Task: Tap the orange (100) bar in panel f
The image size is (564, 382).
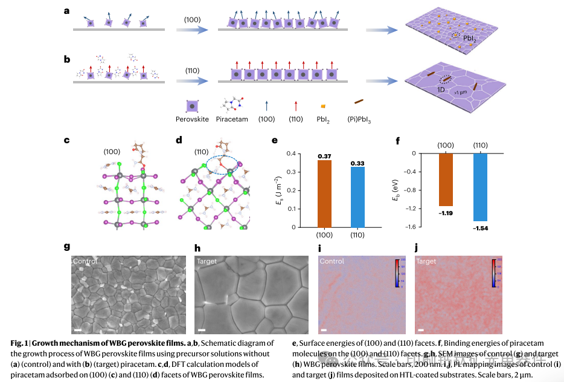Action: pyautogui.click(x=445, y=180)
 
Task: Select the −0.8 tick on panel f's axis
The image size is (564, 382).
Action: pyautogui.click(x=412, y=190)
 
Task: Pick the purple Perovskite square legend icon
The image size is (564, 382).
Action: pyautogui.click(x=192, y=105)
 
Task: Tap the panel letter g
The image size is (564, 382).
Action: pyautogui.click(x=67, y=247)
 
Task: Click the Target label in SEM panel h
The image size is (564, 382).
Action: pyautogui.click(x=208, y=261)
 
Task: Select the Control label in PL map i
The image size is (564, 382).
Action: pyautogui.click(x=332, y=261)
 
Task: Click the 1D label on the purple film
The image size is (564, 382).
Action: pyautogui.click(x=441, y=89)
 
